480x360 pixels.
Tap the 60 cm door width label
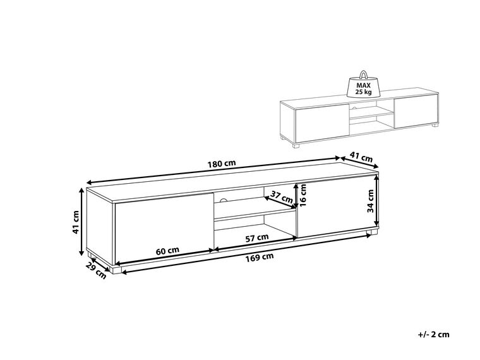[165, 251]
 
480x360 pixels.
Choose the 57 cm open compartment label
[256, 237]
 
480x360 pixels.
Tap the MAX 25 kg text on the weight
[364, 87]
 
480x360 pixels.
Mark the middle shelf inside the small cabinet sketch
[371, 117]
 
